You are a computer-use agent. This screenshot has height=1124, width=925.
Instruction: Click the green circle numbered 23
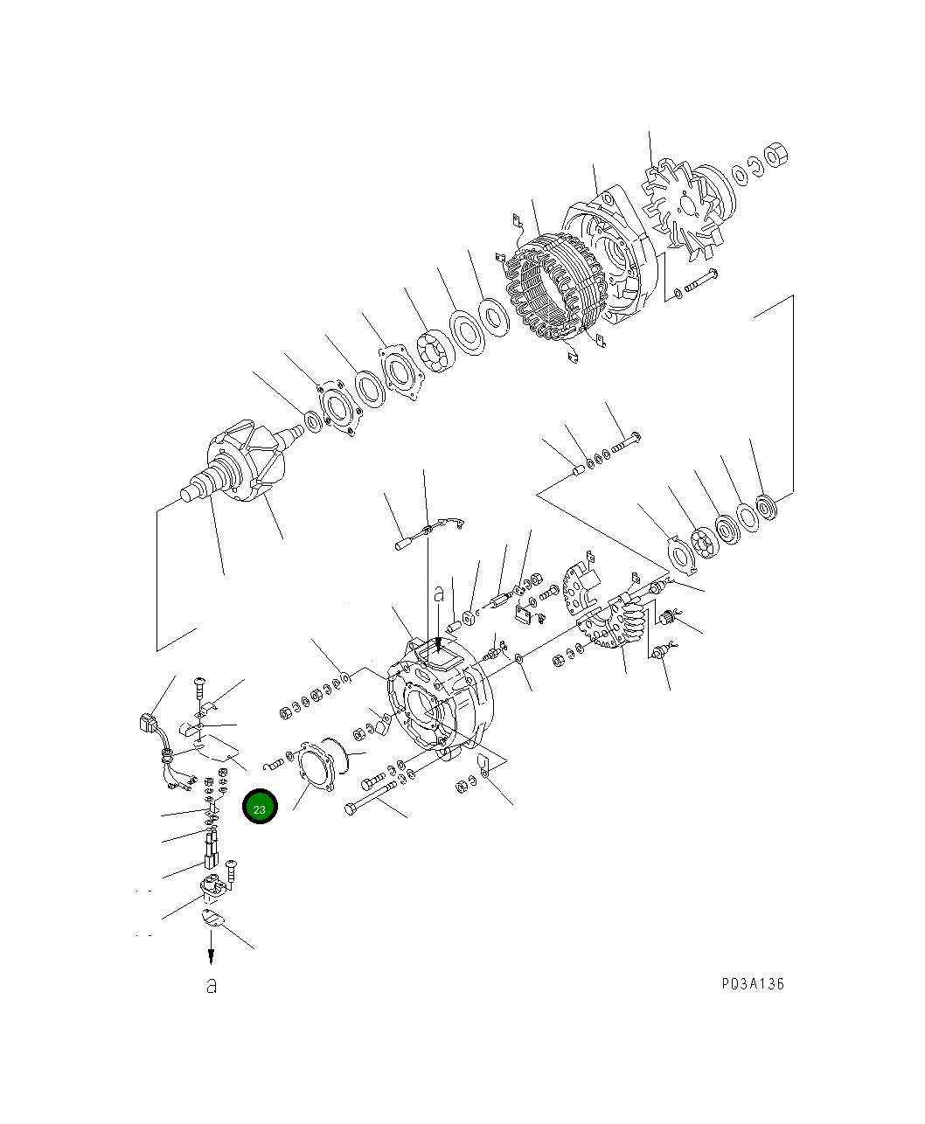point(260,808)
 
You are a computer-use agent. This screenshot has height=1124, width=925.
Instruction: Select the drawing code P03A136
point(753,984)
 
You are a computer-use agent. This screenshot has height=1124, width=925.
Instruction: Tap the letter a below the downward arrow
point(211,986)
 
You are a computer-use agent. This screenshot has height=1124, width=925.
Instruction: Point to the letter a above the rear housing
point(440,594)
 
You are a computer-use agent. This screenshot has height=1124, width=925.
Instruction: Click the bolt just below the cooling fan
point(700,281)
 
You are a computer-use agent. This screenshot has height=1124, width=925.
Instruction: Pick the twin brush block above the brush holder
point(211,847)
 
